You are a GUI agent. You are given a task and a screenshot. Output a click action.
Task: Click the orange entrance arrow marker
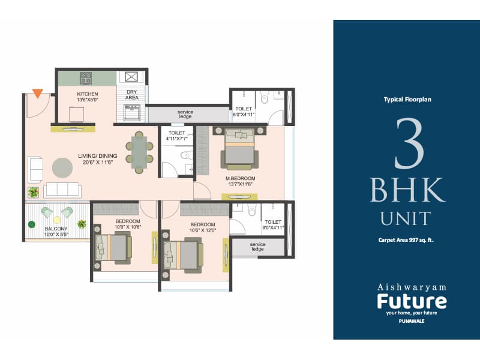point(37,94)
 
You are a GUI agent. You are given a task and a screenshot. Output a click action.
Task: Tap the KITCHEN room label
point(88,94)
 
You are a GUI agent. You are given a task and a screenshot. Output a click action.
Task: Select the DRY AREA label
point(131,94)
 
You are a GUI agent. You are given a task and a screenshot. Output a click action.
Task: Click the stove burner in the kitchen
point(86,78)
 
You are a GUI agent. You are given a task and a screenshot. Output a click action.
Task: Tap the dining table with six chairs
point(139,152)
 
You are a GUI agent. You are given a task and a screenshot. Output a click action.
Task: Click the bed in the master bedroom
point(239,148)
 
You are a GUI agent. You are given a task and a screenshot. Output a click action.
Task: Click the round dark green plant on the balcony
point(31,225)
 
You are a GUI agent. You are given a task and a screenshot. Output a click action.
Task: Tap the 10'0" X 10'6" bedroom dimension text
point(128,227)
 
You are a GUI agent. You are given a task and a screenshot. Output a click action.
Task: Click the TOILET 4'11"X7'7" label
point(178,136)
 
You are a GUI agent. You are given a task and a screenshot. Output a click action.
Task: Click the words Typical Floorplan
point(407,100)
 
